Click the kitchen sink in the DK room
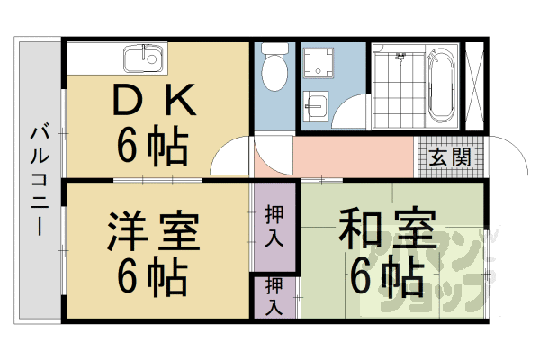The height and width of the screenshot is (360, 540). (x=140, y=61)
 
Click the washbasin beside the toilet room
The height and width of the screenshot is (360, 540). (x=316, y=106)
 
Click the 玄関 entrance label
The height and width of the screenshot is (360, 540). (x=449, y=157)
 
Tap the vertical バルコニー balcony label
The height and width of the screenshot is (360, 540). (x=39, y=180)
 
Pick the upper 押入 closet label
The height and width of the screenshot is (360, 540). (x=274, y=228)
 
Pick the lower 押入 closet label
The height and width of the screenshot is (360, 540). (x=274, y=296)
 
